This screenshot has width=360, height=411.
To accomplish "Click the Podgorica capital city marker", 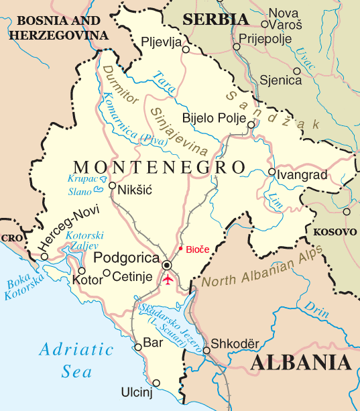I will [166, 266].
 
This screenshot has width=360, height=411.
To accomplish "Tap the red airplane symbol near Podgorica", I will [168, 279].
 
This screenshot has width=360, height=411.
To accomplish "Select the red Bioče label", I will [197, 249].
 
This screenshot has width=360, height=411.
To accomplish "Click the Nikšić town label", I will [135, 190].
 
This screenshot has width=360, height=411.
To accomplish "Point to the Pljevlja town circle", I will [186, 49].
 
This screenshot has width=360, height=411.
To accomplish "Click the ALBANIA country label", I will [302, 363].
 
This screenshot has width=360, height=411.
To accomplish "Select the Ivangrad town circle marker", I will [271, 172].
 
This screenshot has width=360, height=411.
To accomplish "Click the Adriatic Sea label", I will [76, 359].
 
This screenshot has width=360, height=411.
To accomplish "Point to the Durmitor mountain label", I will [118, 86].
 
